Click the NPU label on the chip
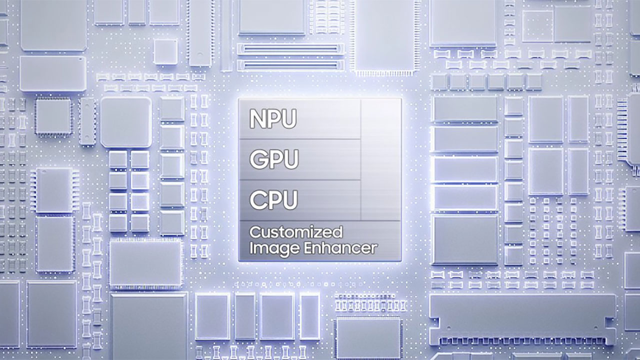[273, 119]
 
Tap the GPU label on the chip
[274, 159]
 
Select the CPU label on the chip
[273, 199]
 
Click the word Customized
[296, 232]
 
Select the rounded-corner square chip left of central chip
[125, 122]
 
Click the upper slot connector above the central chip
[290, 49]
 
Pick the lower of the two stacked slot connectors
[290, 64]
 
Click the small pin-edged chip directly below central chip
[368, 337]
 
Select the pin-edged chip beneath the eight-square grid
[145, 264]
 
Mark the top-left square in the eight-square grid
[118, 159]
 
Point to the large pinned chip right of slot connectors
[384, 35]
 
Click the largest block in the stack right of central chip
[465, 239]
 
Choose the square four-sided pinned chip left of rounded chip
[53, 116]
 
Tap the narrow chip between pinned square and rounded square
[87, 121]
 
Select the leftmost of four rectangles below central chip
[212, 315]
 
